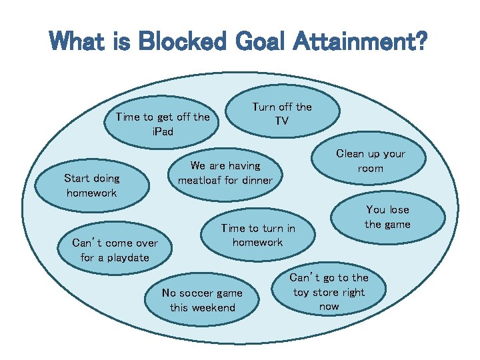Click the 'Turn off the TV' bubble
282,114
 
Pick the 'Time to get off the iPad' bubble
162,124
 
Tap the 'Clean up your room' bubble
370,161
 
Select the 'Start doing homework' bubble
91,185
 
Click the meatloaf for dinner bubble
225,173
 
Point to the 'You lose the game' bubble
387,217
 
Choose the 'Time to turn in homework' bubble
257,235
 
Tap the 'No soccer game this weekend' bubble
203,300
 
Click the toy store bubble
329,292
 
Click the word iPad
162,131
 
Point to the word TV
282,121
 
